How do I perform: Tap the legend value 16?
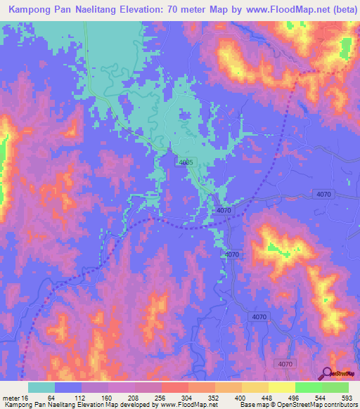click(29, 396)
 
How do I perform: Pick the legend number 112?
click(82, 396)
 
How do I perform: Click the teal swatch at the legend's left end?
click(41, 387)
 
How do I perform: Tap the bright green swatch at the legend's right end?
click(335, 387)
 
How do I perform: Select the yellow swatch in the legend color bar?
click(281, 387)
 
